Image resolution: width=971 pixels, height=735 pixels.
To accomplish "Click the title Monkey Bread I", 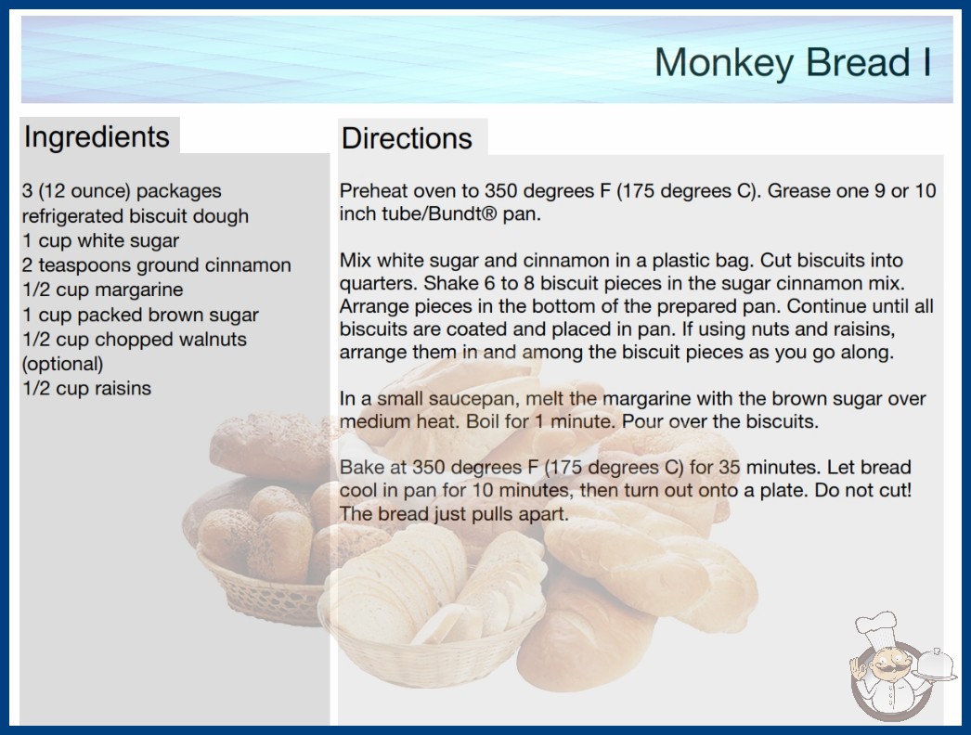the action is click(x=793, y=62).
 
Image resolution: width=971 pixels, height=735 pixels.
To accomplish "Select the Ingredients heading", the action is click(x=97, y=136).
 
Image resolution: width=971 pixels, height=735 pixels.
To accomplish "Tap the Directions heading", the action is click(x=407, y=138).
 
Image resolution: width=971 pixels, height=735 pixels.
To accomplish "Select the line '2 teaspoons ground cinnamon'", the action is click(x=157, y=265).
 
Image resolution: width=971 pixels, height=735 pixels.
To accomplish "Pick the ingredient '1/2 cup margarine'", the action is click(x=103, y=290).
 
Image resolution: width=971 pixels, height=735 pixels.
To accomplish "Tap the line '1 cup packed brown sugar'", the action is click(x=140, y=315).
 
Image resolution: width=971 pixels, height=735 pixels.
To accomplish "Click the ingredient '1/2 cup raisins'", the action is click(x=86, y=388).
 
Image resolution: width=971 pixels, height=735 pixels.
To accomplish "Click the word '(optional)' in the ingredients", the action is click(x=62, y=364).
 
